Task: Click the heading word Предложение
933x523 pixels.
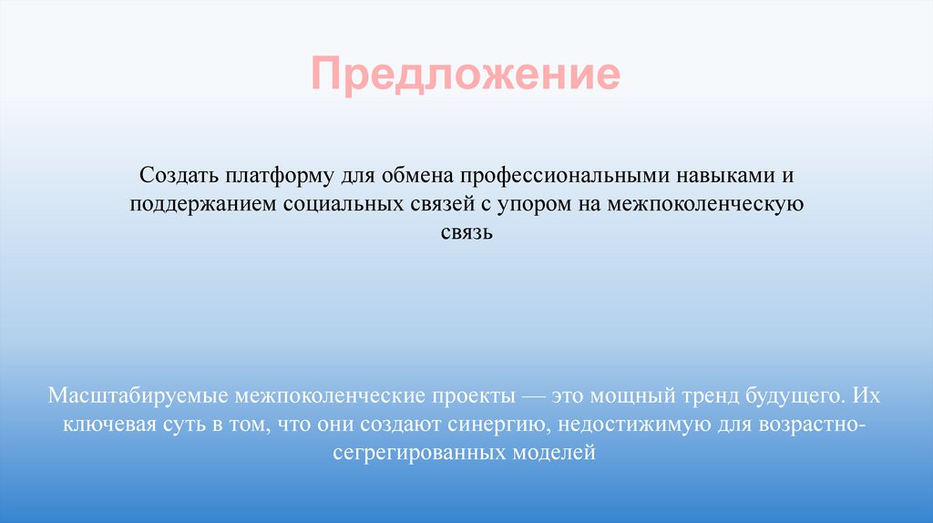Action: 466,76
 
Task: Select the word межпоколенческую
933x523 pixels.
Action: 702,203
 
